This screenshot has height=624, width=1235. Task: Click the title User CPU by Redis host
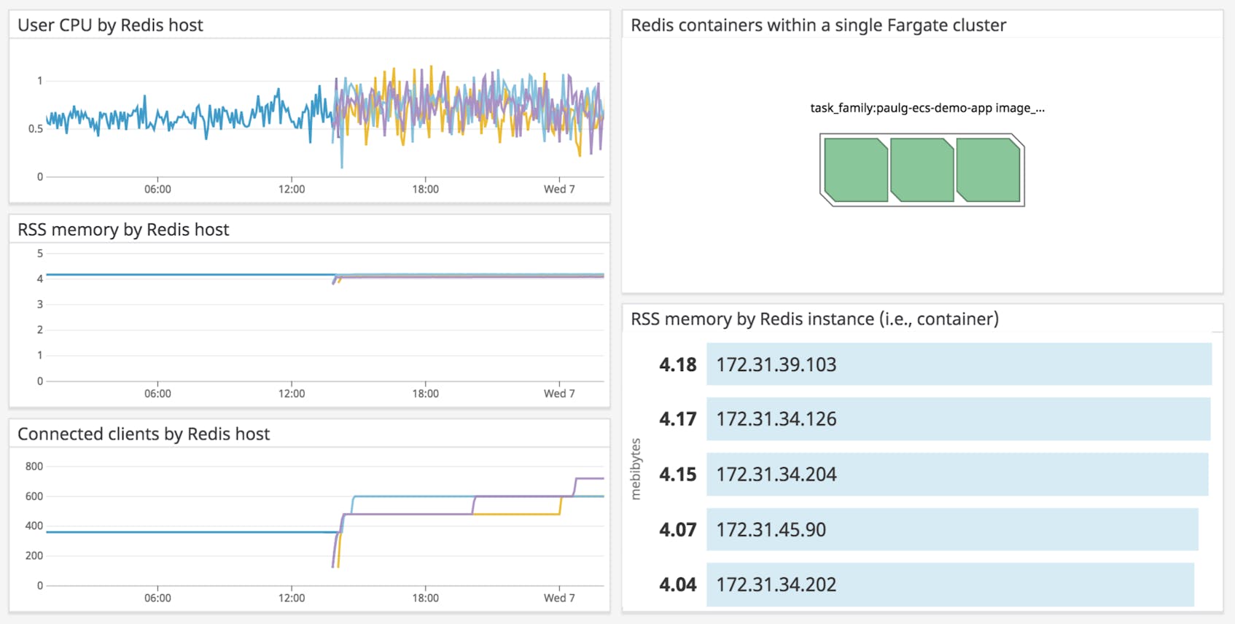tap(110, 26)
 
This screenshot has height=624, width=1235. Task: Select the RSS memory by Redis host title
tap(123, 230)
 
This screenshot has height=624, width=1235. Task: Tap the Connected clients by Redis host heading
tap(144, 434)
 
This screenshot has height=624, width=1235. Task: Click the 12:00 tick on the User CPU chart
tap(292, 189)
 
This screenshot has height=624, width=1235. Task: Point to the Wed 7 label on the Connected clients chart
tap(559, 598)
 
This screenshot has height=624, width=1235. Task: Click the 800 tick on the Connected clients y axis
tap(34, 467)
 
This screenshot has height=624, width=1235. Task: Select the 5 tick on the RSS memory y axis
tap(40, 254)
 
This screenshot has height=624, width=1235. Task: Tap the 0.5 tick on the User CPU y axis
tap(36, 129)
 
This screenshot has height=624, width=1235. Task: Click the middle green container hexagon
tap(922, 171)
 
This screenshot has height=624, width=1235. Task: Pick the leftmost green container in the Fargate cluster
tap(855, 171)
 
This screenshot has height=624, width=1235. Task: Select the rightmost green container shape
tap(988, 171)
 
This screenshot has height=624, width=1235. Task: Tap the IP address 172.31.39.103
tap(776, 364)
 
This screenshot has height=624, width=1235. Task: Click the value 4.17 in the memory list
tap(677, 419)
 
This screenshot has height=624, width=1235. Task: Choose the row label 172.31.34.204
tap(776, 475)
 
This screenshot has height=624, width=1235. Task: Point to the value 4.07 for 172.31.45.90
tap(677, 530)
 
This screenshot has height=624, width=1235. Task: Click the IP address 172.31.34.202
tap(776, 585)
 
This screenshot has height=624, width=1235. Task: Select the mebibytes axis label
tap(636, 469)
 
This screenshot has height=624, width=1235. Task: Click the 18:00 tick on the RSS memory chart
tap(425, 394)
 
